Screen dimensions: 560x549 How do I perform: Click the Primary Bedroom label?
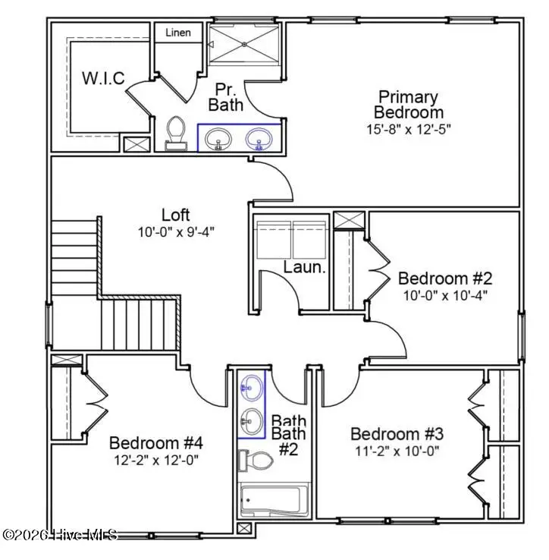[x=408, y=105]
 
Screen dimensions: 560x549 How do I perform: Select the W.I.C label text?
[x=103, y=77]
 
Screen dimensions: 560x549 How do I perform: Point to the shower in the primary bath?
[x=244, y=43]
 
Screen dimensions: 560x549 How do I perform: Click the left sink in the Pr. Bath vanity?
[x=219, y=139]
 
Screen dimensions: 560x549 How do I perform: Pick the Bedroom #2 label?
[x=446, y=278]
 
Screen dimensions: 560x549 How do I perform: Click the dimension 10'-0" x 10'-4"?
[x=446, y=294]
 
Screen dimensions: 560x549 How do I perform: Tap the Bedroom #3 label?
[x=397, y=434]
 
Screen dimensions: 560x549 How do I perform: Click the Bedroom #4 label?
[x=156, y=443]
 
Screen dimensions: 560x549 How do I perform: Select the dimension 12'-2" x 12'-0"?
[x=156, y=459]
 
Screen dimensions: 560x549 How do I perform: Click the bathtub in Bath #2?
[x=270, y=501]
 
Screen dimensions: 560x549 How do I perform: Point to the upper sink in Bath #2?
[x=251, y=388]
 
